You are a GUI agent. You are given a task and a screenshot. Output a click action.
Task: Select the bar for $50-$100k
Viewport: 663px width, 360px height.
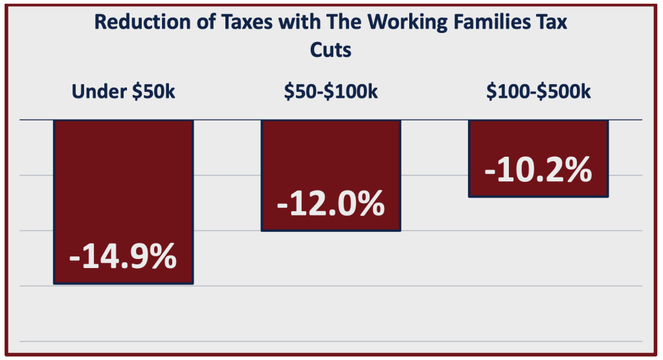331,155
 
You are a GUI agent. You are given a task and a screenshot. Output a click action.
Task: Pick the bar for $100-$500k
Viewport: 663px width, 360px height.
538,139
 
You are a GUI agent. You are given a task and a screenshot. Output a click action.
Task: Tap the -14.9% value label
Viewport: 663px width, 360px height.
123,258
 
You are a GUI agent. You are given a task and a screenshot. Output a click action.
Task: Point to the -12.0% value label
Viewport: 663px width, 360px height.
331,205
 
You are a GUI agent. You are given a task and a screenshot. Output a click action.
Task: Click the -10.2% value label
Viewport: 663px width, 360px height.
538,171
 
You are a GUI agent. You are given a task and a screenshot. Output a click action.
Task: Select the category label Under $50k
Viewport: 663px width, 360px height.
123,92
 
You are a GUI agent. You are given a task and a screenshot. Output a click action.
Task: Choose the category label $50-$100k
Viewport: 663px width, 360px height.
331,92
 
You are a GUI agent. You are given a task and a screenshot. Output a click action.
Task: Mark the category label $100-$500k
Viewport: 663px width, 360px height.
538,92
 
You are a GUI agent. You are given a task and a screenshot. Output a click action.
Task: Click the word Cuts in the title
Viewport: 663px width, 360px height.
331,50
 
